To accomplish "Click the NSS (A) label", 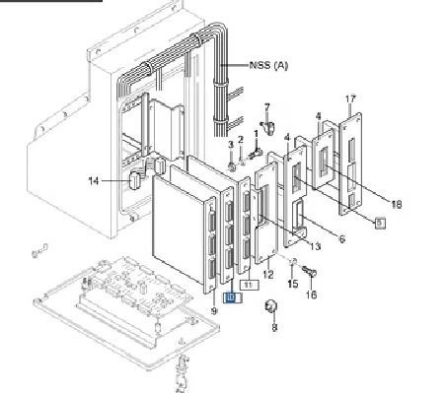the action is (x=268, y=65).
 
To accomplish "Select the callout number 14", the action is (x=94, y=181).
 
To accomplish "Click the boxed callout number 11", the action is (x=250, y=285).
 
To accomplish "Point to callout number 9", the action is (x=214, y=311).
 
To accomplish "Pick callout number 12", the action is (x=268, y=274).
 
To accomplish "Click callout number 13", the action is (x=315, y=246).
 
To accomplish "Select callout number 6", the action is (x=342, y=239).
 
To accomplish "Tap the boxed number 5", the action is (x=380, y=224).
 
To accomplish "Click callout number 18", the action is (x=397, y=205).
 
